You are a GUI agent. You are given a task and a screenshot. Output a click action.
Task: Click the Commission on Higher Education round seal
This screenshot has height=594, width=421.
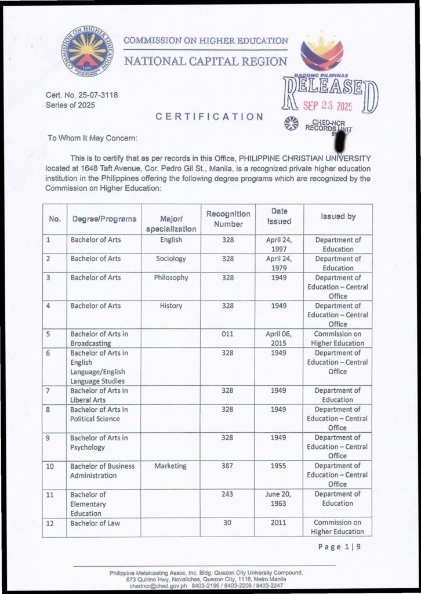(88, 51)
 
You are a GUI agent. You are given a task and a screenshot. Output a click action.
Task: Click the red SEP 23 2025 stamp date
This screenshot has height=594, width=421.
(328, 106)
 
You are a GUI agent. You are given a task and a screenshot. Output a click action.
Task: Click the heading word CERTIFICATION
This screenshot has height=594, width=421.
(209, 117)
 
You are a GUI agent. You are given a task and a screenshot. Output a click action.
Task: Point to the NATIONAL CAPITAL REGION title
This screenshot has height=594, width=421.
(206, 61)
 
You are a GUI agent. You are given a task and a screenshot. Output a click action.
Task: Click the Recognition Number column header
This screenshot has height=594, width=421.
(228, 219)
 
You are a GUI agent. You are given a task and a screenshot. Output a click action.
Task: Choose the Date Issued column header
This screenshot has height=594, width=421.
(278, 216)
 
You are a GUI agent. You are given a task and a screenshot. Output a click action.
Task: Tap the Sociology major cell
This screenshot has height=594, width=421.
(171, 259)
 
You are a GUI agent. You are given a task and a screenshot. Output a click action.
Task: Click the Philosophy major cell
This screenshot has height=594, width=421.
(171, 277)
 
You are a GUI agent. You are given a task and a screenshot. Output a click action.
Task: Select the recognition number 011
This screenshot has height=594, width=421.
(227, 334)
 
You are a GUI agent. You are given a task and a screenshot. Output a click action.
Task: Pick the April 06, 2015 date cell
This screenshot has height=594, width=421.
(278, 338)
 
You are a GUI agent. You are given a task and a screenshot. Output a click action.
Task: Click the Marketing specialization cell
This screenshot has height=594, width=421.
(170, 466)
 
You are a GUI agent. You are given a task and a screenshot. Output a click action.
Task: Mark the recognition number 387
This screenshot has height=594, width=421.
(227, 466)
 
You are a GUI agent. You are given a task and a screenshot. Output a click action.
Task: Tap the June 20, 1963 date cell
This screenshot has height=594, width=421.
(278, 498)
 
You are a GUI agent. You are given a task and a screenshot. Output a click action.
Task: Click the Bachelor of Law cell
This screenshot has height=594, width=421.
(95, 523)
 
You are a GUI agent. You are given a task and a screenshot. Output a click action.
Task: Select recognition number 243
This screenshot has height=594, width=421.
(227, 494)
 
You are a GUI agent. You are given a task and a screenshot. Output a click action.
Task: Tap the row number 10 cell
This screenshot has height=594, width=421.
(50, 466)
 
